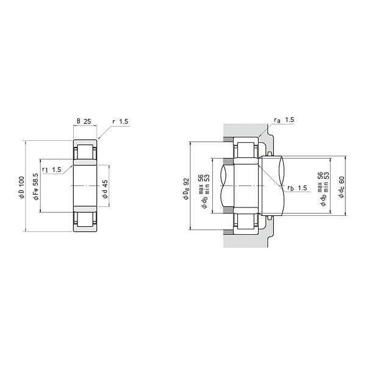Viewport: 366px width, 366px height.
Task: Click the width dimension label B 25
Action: click(x=84, y=121)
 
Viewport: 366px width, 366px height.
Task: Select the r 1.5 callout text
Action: click(x=120, y=121)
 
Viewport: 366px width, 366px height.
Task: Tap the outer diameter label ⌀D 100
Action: click(x=21, y=187)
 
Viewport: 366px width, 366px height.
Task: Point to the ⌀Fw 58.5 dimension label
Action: click(x=36, y=187)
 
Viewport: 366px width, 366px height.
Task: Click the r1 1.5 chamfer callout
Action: click(x=52, y=170)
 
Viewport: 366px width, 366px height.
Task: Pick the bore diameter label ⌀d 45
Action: click(x=106, y=189)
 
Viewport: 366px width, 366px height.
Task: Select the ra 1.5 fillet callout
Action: click(x=284, y=120)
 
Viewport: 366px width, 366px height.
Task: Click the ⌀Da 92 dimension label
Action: click(x=186, y=189)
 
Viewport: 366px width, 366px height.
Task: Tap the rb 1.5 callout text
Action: click(x=297, y=188)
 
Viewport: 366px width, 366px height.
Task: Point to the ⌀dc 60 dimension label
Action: click(x=342, y=187)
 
